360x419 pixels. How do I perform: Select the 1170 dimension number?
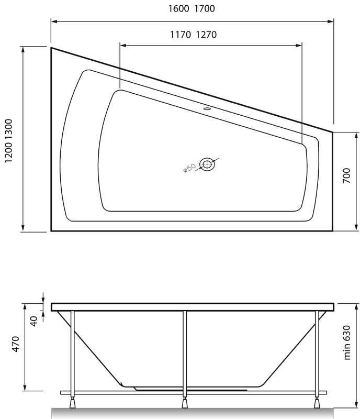[181, 35]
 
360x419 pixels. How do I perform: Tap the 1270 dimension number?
[206, 35]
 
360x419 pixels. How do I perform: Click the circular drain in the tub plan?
[207, 164]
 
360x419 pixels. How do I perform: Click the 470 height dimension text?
[16, 344]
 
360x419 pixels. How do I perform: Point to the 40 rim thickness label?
[35, 321]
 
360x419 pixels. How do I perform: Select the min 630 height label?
[347, 340]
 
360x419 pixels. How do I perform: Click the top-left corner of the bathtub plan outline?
[51, 48]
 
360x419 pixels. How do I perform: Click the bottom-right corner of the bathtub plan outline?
[333, 230]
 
